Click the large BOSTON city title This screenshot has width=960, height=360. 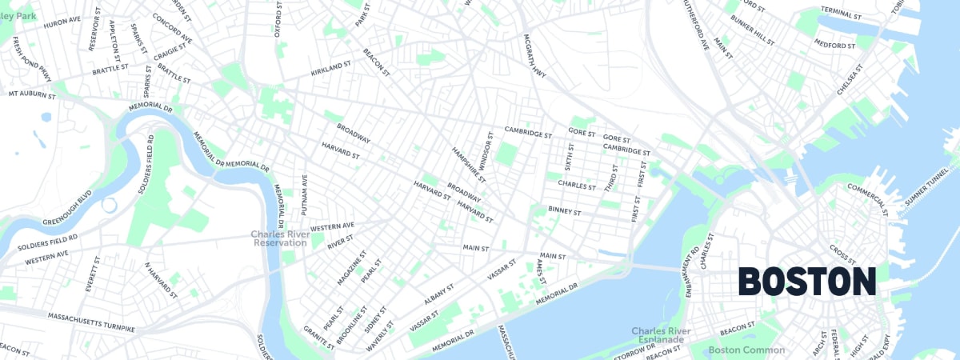[x=806, y=282]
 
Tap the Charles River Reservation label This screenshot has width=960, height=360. [x=279, y=238]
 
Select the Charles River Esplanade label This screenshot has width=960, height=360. [x=661, y=335]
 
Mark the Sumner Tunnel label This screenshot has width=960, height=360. [x=926, y=189]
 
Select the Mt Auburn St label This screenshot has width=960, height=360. [x=32, y=94]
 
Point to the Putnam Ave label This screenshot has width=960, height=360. [x=305, y=194]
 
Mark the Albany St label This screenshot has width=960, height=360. [x=439, y=292]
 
